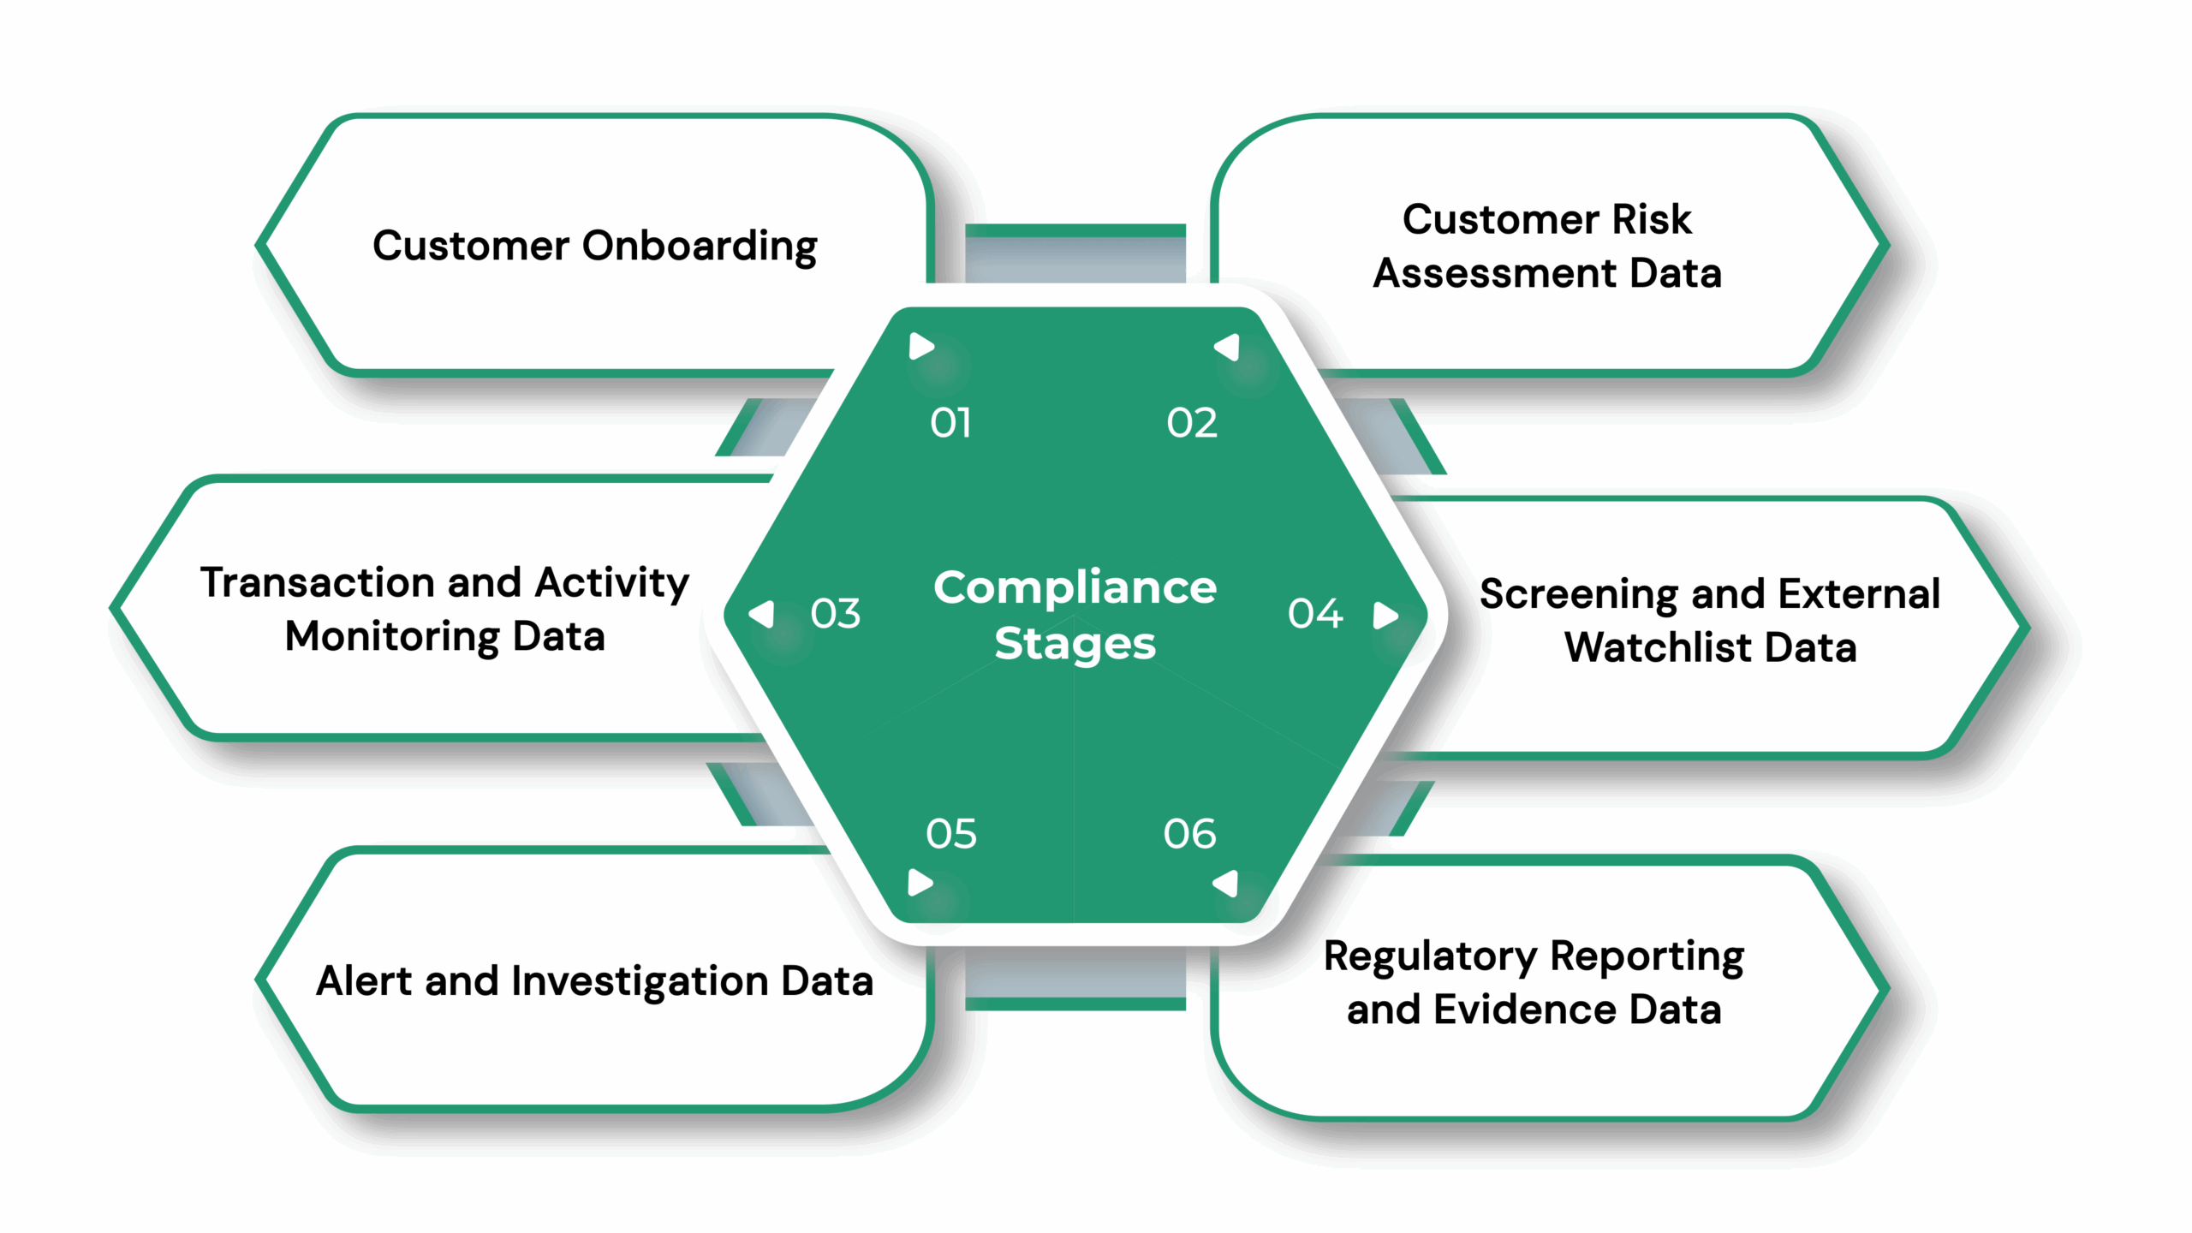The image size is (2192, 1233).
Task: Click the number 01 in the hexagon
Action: [950, 423]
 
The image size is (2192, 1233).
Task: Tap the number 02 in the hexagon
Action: [1191, 423]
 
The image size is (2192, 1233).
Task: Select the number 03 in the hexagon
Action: [835, 613]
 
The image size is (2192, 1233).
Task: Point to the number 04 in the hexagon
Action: [1315, 613]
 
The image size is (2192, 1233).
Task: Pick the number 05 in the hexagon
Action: [950, 833]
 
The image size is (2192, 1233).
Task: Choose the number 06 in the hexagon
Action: [1189, 833]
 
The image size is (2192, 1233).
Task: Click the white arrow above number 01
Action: [920, 347]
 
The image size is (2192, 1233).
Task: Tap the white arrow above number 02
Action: [1228, 347]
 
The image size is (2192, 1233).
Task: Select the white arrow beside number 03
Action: [762, 613]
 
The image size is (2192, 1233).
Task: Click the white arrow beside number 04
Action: [1385, 615]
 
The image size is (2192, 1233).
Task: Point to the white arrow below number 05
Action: [920, 882]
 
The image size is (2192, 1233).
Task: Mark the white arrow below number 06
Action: [1226, 883]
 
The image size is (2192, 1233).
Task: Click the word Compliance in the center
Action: [1075, 587]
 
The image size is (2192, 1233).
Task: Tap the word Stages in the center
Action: [1075, 644]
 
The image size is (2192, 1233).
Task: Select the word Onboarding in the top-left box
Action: [700, 247]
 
